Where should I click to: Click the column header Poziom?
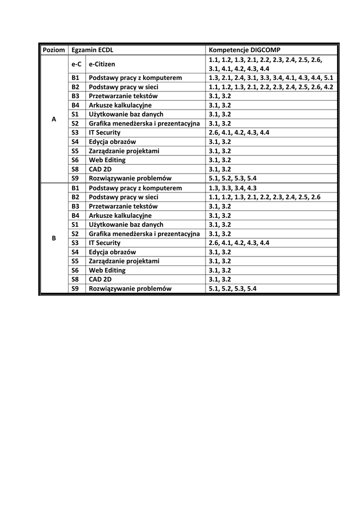tap(54, 50)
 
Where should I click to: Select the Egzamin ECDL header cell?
tap(92, 50)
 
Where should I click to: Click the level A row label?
tap(54, 119)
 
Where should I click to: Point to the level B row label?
tap(54, 238)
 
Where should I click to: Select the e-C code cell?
tap(76, 64)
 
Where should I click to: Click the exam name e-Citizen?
tap(102, 64)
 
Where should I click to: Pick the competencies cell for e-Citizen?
tap(266, 64)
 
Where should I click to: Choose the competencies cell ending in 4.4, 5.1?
tap(271, 78)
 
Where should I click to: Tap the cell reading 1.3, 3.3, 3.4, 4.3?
tap(232, 188)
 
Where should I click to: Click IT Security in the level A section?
tap(105, 132)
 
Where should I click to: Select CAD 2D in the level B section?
tap(100, 279)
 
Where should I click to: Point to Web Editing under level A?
tap(107, 160)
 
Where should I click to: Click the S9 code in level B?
tap(75, 288)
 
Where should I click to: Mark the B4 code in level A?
tap(75, 105)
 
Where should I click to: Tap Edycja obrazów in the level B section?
tap(112, 252)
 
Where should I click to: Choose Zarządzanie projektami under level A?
tap(124, 151)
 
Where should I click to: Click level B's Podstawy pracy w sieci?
tap(123, 197)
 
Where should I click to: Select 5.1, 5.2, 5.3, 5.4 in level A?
tap(232, 178)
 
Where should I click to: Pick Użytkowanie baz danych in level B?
tap(126, 224)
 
